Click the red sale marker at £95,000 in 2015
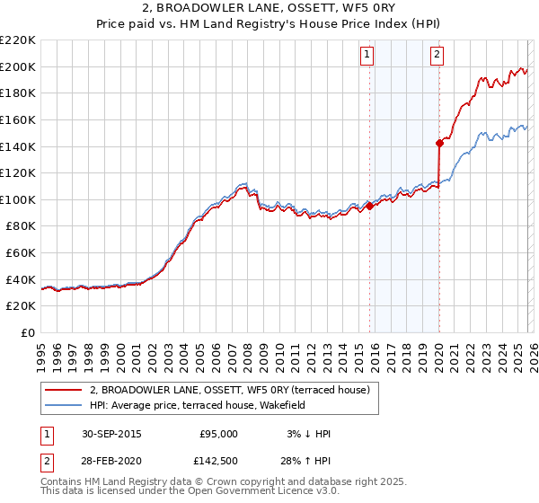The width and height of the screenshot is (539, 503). (x=369, y=206)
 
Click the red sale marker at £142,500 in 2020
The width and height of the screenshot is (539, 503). (x=439, y=142)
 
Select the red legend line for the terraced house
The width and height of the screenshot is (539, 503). (x=64, y=390)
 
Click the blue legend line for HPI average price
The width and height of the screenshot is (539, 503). (x=64, y=405)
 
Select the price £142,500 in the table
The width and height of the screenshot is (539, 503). (x=218, y=461)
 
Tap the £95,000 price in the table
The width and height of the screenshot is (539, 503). (x=218, y=434)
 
